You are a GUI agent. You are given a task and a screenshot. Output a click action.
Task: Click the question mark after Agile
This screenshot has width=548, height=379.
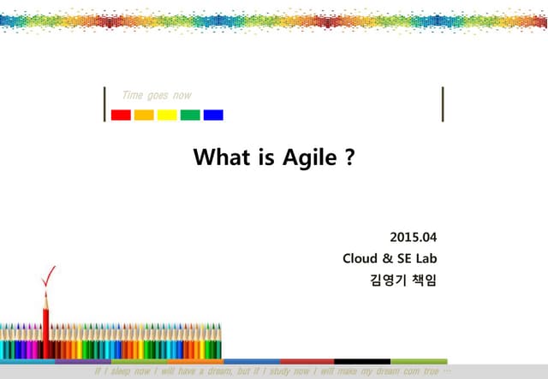(x=349, y=158)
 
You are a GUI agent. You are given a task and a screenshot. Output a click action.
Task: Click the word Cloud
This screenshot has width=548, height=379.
(x=360, y=258)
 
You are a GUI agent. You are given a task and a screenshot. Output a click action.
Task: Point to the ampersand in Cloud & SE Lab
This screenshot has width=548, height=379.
(x=388, y=258)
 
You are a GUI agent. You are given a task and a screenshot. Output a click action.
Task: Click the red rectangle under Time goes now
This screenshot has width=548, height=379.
(x=121, y=115)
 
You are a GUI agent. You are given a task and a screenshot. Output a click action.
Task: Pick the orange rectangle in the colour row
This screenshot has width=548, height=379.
(x=144, y=115)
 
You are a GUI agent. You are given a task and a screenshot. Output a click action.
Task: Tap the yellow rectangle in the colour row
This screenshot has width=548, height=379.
(x=167, y=115)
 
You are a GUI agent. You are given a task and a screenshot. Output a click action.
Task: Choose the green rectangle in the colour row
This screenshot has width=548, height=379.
(x=190, y=115)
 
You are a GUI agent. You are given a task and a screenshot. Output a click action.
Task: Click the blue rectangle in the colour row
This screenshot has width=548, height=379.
(x=213, y=115)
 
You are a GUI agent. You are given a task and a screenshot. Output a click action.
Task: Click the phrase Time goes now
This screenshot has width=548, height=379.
(x=158, y=95)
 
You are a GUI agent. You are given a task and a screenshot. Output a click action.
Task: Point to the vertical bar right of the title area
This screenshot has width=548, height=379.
(x=443, y=104)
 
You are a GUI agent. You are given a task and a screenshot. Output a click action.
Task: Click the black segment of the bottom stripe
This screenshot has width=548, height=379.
(x=361, y=361)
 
